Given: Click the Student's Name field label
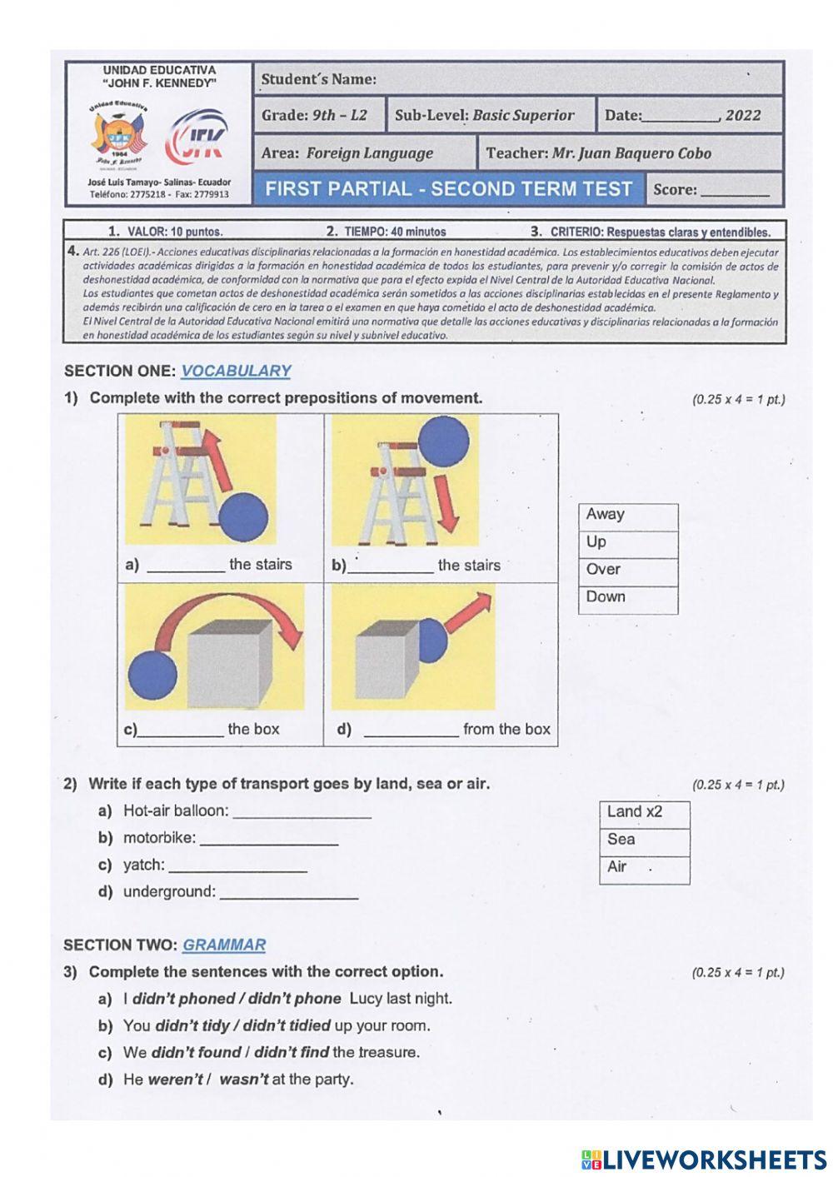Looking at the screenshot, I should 318,80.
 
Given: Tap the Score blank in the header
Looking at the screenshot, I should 735,190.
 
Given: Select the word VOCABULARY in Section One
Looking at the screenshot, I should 236,372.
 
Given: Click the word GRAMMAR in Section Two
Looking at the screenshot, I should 224,945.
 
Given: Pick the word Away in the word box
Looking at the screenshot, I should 606,515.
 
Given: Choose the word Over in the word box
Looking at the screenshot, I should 603,570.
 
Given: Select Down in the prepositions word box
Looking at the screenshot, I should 606,597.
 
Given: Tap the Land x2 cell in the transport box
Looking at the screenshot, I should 635,812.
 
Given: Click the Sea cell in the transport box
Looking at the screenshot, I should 621,840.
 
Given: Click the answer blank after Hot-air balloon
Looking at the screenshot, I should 302,812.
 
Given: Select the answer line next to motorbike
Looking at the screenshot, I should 269,839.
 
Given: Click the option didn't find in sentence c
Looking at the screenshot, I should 292,1053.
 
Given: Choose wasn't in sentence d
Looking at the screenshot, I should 243,1080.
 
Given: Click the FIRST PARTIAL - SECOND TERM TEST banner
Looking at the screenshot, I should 448,189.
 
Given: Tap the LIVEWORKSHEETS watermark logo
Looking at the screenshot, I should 704,1159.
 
